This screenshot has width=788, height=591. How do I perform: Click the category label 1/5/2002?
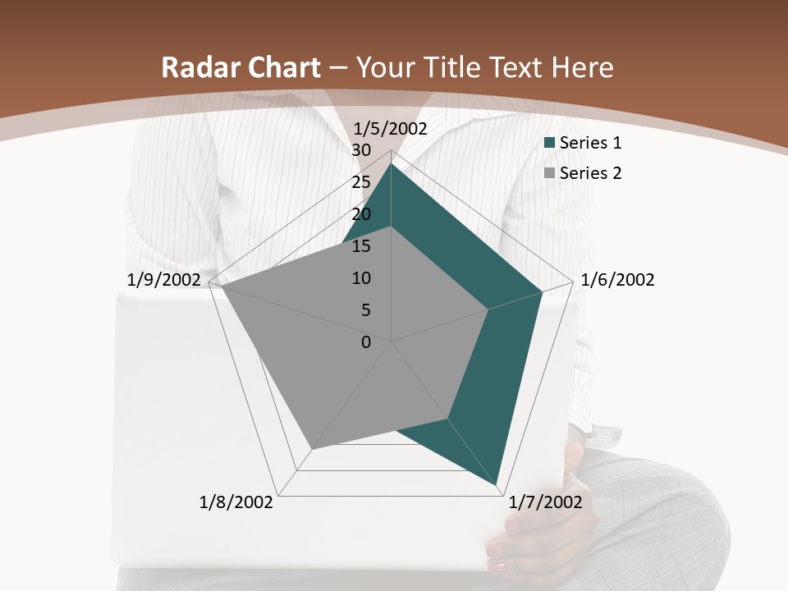coord(391,129)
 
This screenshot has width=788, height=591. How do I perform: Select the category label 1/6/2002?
coord(617,280)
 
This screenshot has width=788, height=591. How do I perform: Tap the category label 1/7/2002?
coord(545,502)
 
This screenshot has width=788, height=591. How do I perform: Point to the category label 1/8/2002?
coord(236,502)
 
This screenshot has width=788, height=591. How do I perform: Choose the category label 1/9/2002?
coord(164,280)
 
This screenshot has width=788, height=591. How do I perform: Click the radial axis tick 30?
coord(361,150)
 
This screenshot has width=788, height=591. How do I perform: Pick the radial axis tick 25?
coord(361,182)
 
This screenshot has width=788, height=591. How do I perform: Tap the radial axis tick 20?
coord(361,214)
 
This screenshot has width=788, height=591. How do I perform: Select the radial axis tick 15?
coord(361,246)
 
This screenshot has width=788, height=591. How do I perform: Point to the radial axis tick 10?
coord(361,278)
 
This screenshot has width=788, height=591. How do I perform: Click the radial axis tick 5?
coord(365,310)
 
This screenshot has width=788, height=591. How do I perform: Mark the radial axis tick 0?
coord(366,342)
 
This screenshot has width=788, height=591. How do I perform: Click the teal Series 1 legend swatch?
coord(550,144)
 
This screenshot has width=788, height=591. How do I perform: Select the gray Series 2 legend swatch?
coord(550,173)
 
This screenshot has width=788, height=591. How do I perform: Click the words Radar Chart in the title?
coord(241,68)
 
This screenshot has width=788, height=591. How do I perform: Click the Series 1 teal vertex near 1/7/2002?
coord(498,484)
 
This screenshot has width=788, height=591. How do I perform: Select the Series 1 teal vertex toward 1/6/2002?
coord(541,291)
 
